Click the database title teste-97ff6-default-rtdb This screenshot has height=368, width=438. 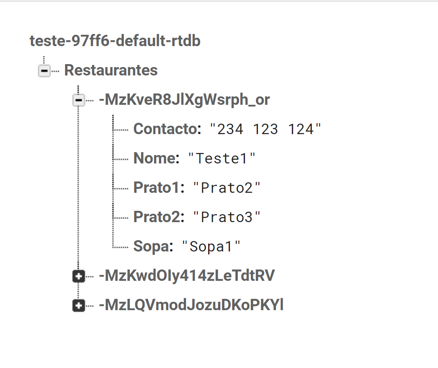[x=115, y=41]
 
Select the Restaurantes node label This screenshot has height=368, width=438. [x=111, y=70]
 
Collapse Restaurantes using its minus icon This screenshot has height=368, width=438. [x=44, y=71]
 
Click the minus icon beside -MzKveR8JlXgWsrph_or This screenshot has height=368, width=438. [x=79, y=100]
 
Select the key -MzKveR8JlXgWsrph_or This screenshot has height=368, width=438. [x=184, y=100]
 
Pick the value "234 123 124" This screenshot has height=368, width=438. [x=265, y=129]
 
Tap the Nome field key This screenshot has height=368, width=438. [x=157, y=158]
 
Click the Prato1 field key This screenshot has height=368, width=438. [x=159, y=188]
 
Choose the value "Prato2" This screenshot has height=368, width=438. [x=227, y=188]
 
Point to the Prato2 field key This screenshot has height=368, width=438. [x=159, y=217]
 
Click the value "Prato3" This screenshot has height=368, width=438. [x=227, y=217]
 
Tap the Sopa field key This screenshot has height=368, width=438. [x=153, y=246]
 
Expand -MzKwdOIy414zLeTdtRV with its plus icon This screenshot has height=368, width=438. [x=79, y=276]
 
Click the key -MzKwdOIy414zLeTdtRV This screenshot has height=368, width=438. [x=187, y=276]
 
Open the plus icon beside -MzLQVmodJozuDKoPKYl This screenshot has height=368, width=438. [x=79, y=306]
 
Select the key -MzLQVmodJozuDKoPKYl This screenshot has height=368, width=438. [x=191, y=305]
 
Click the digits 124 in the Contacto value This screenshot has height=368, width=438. [x=301, y=129]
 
